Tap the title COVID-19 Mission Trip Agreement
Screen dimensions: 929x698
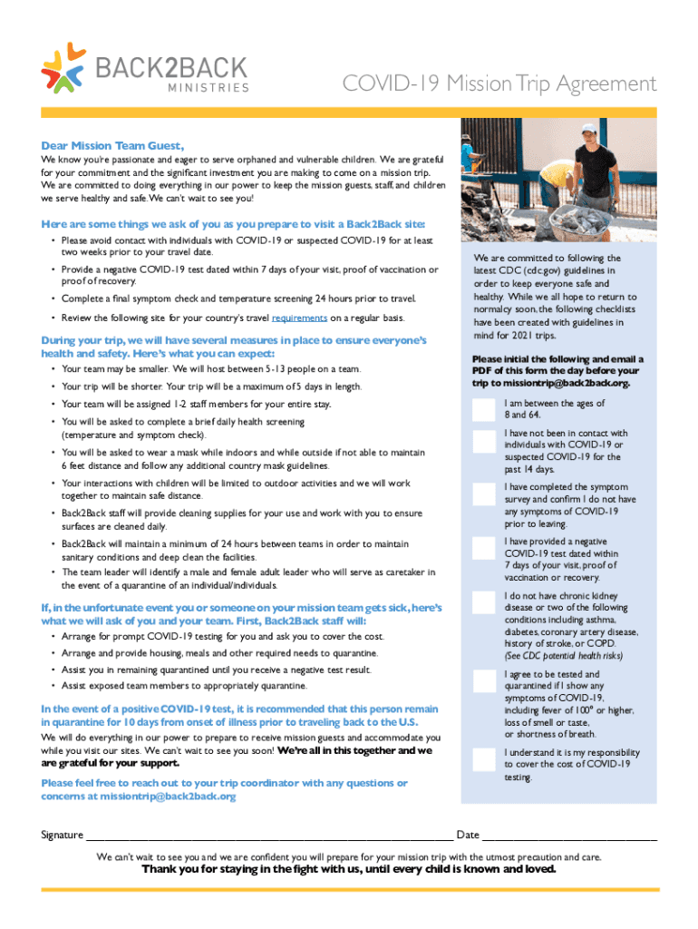coord(499,84)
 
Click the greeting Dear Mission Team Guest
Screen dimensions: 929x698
coord(112,145)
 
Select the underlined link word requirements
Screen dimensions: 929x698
coord(299,318)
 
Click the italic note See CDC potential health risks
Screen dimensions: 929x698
coord(563,656)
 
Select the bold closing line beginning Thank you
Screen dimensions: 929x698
coord(349,869)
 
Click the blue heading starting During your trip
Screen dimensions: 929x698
coord(233,347)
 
